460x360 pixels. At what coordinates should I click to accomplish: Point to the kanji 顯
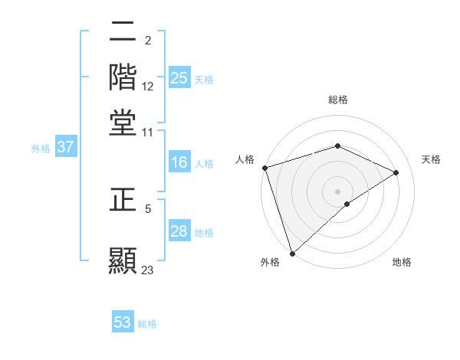tap(123, 257)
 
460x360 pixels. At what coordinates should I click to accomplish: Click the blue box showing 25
tap(179, 78)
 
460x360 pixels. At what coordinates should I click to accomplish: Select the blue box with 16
tap(179, 163)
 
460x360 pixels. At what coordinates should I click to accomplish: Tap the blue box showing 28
tap(179, 232)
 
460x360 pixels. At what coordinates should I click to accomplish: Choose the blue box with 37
tap(66, 148)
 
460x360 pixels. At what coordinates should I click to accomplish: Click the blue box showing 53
tap(123, 323)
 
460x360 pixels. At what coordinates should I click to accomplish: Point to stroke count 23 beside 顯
tap(148, 270)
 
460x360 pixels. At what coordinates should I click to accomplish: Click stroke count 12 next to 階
tap(148, 87)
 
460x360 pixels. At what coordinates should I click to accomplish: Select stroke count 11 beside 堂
tap(148, 132)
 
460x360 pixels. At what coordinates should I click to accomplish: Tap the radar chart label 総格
tap(338, 100)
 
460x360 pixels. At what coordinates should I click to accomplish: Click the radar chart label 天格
tap(431, 159)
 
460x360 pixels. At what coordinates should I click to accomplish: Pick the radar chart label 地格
tap(402, 262)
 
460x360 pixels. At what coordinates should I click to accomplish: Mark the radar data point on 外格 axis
tap(292, 254)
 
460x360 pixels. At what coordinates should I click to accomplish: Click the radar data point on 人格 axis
tap(264, 168)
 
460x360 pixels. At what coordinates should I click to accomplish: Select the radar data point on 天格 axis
tap(396, 172)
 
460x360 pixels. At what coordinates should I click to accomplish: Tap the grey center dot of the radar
tap(338, 191)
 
